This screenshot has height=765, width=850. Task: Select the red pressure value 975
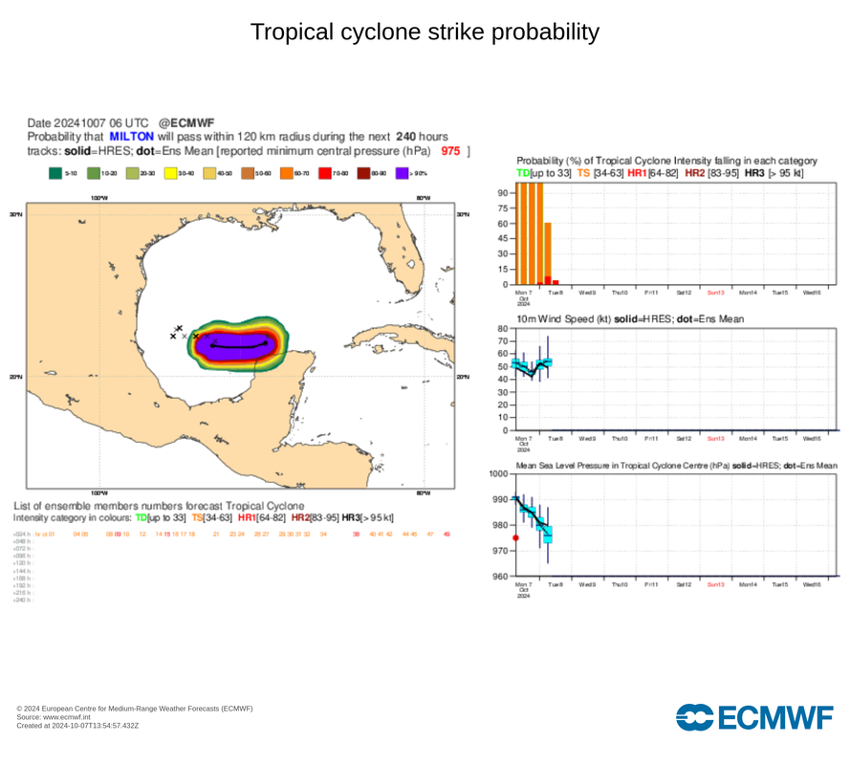point(450,151)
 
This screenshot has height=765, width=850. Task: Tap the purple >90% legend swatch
point(402,174)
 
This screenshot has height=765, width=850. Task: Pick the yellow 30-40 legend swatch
point(171,174)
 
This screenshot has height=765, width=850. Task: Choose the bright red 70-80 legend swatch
point(325,174)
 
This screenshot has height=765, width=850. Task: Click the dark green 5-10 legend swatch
point(55,174)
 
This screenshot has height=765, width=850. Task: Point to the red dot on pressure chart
point(516,538)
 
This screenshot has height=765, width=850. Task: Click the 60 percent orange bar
point(548,253)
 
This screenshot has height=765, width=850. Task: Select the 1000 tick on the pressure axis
point(499,474)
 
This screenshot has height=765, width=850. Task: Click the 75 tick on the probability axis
point(503,208)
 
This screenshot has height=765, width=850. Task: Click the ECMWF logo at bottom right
point(754,717)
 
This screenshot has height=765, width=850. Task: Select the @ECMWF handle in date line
point(186,122)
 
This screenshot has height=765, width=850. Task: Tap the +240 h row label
point(22,601)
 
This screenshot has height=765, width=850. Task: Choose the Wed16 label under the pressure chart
point(812,584)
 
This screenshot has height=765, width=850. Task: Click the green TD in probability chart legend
point(522,172)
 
